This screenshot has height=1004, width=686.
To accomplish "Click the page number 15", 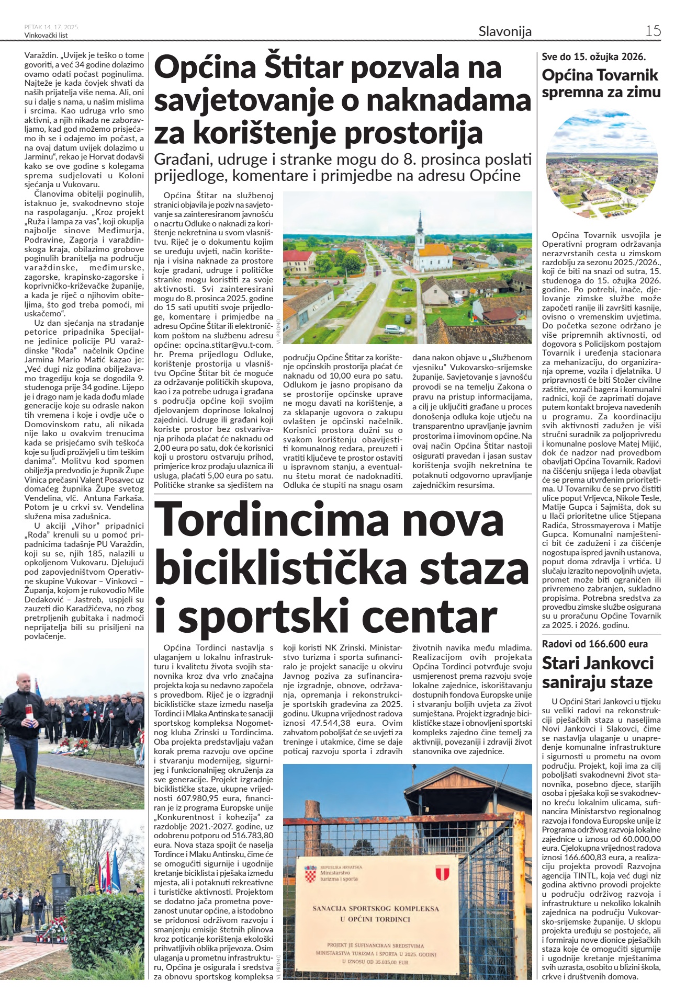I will (653, 31).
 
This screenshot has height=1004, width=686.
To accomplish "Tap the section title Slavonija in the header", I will (504, 31).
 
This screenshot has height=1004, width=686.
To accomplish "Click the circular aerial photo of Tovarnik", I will (601, 164).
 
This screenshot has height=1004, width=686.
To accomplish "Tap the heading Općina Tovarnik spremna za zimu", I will (601, 84).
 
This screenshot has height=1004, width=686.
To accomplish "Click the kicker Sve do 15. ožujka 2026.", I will (593, 56).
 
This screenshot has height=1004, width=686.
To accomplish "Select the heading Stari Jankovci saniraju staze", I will (598, 672).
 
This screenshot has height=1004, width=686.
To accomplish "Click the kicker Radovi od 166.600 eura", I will (594, 644).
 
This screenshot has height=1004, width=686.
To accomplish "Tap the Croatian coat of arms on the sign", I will (310, 874).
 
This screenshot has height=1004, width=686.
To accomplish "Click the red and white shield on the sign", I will (442, 872).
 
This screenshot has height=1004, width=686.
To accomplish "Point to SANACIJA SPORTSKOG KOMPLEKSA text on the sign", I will (375, 908).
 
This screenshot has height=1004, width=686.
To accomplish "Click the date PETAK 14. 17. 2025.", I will (51, 27).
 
